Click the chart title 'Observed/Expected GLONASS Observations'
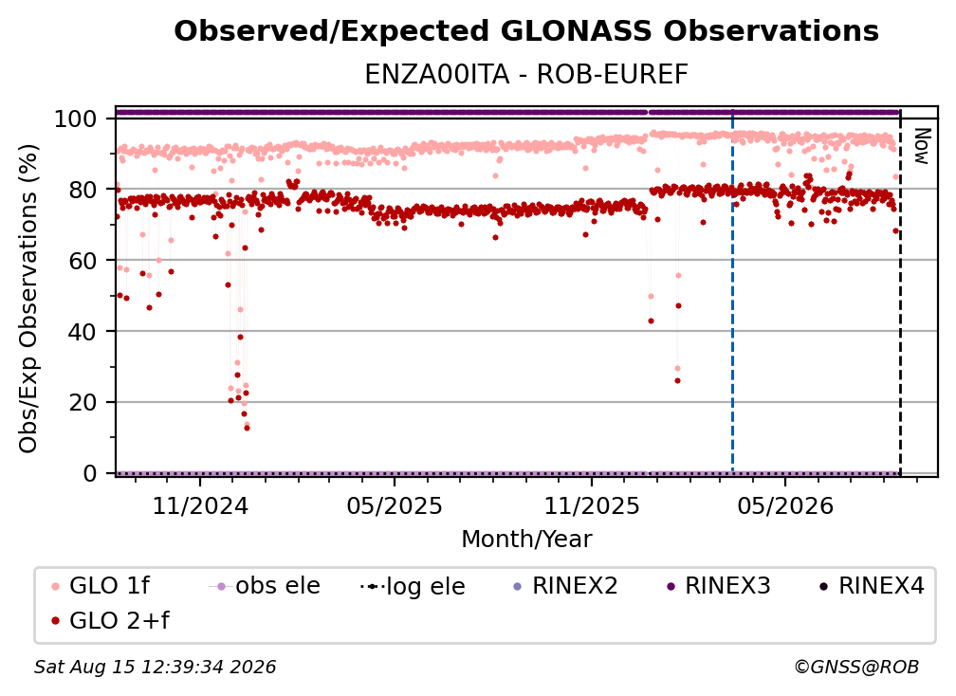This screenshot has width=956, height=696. click(526, 31)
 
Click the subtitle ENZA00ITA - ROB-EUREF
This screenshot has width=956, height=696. click(526, 75)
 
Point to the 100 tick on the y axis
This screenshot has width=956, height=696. click(76, 119)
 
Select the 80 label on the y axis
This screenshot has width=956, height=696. click(83, 191)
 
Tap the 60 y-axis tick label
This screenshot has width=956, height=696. click(83, 261)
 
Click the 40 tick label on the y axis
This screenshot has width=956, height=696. click(83, 332)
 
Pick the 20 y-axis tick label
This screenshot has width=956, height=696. click(83, 403)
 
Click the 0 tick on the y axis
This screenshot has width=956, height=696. click(90, 473)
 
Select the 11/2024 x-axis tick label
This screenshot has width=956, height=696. click(200, 505)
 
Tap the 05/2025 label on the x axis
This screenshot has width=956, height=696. click(395, 505)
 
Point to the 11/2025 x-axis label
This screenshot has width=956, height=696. click(592, 505)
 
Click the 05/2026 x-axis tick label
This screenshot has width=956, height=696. click(785, 505)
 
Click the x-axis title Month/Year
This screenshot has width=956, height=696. click(526, 539)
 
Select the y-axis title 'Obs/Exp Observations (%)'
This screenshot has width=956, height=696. click(28, 299)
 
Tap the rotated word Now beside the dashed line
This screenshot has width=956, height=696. click(922, 146)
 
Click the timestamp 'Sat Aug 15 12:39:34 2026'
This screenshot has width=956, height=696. click(155, 667)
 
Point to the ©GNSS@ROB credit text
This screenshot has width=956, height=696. click(856, 667)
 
